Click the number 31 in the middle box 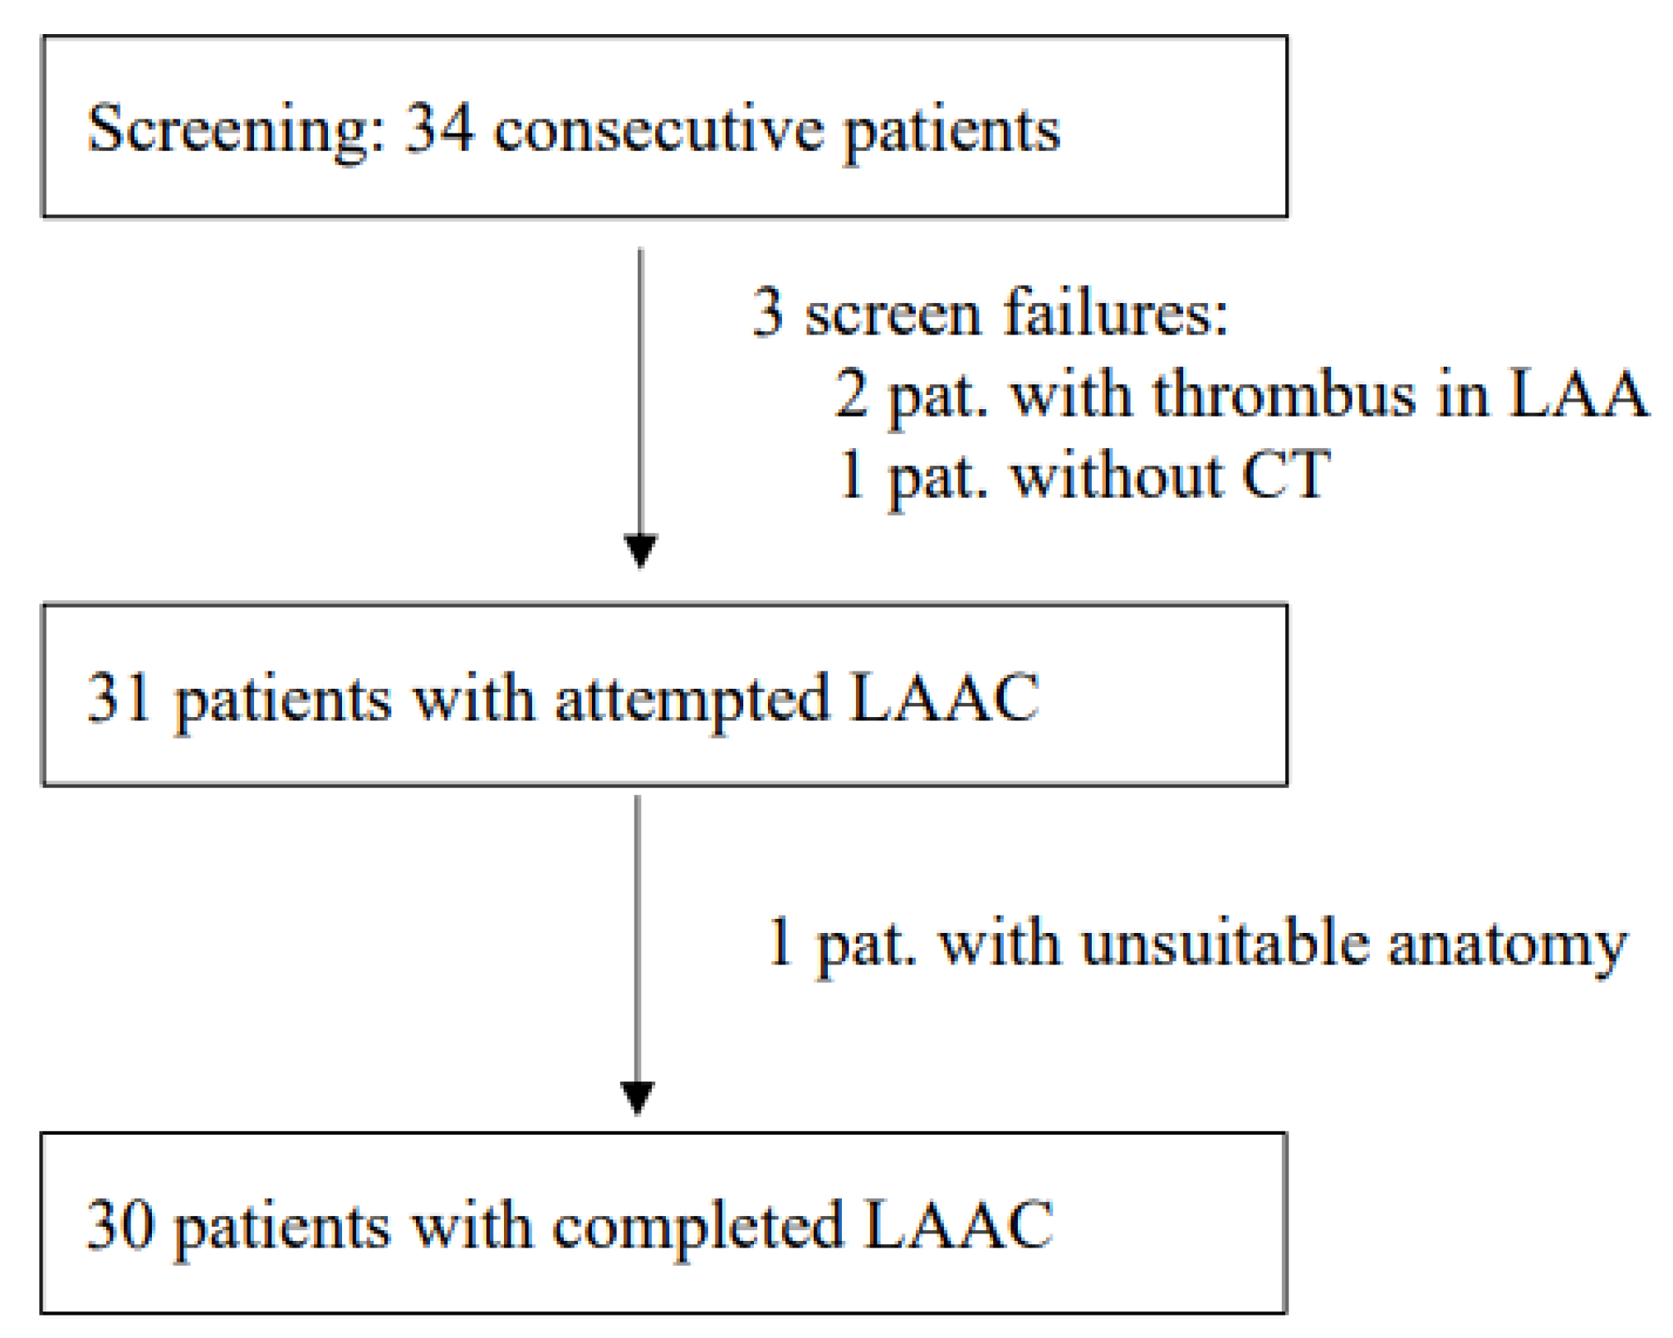point(119,698)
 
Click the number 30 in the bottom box point(120,1225)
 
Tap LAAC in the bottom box point(958,1225)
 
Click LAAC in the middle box point(944,698)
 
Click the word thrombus point(1283,394)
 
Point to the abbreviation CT point(1285,475)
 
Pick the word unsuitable point(1224,943)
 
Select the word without point(1117,475)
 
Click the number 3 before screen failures point(767,313)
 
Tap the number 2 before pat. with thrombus point(852,394)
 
